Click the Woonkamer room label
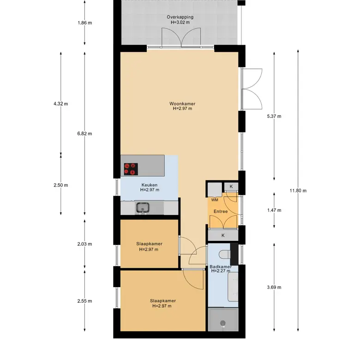[182, 104]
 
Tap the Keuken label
[150, 185]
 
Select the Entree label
[221, 211]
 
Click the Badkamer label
[221, 267]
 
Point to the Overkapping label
[180, 17]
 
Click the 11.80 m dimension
[298, 191]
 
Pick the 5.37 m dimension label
[274, 116]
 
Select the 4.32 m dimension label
[61, 104]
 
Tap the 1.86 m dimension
[85, 23]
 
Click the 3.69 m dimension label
[274, 287]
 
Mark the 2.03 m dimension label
[85, 244]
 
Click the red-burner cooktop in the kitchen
[131, 169]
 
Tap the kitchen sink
[142, 208]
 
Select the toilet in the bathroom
[225, 254]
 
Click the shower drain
[223, 323]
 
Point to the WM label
[215, 200]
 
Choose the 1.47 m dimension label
[274, 210]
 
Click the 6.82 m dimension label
[85, 134]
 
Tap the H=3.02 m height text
[180, 22]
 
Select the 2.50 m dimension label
[61, 185]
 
